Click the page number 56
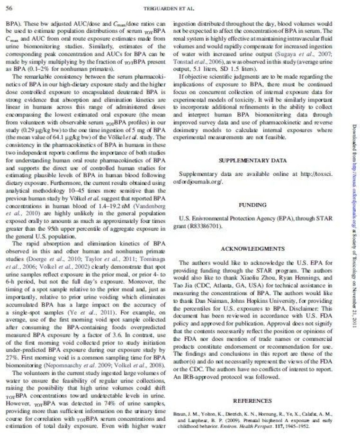click(x=10, y=8)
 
